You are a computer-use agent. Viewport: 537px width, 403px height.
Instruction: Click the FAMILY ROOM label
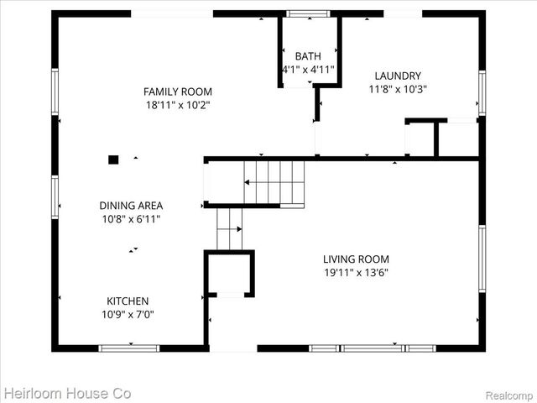177,92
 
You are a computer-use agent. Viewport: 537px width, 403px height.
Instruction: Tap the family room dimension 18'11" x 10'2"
177,105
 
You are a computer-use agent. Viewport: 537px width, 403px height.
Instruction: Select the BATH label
307,56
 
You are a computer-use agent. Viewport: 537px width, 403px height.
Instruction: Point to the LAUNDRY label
398,76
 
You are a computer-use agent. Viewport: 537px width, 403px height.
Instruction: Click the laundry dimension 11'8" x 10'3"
398,89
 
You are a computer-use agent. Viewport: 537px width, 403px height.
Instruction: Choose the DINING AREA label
131,205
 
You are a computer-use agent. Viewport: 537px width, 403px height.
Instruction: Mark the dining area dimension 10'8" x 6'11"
131,218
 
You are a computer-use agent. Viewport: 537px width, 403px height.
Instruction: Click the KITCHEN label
128,301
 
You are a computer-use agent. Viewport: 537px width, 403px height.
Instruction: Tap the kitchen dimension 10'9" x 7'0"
128,315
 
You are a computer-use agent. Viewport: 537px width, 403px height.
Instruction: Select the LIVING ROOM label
356,259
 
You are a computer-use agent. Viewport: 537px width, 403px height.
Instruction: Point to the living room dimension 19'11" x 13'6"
356,273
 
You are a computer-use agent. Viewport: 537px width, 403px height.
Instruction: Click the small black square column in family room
113,158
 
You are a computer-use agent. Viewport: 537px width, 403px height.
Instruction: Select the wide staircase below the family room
274,181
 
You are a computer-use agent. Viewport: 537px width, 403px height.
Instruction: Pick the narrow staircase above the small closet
229,228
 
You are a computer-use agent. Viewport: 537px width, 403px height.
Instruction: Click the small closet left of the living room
230,274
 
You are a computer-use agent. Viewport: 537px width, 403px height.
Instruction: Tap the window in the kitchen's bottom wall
129,348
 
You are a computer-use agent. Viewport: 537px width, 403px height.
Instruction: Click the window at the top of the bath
309,13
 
